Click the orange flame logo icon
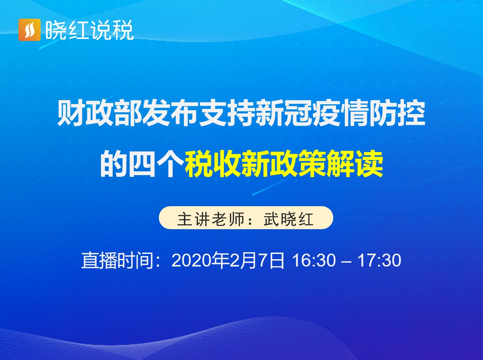[x=29, y=30]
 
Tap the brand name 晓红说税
[x=89, y=30]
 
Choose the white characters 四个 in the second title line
[x=156, y=164]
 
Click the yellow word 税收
[x=213, y=164]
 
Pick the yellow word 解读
[x=355, y=164]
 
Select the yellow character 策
[x=312, y=164]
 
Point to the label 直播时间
[x=117, y=261]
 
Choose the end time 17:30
[x=379, y=261]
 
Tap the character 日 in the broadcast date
[x=277, y=261]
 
